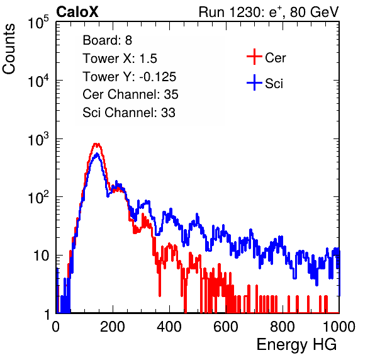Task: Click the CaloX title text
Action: (x=77, y=12)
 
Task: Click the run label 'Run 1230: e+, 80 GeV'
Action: (x=269, y=12)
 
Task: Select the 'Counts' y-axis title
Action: (x=9, y=49)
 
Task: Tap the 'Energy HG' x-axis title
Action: (x=296, y=344)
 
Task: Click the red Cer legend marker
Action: (x=254, y=57)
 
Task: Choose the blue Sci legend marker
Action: (x=254, y=82)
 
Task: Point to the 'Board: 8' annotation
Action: (x=108, y=40)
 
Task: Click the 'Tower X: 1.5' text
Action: (x=120, y=59)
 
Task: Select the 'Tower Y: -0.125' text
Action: (x=130, y=77)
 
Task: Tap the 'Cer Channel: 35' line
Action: (x=130, y=94)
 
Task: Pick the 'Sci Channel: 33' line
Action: (x=129, y=113)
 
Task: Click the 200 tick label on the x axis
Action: (x=113, y=327)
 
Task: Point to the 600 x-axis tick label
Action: (x=226, y=327)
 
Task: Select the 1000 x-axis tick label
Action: (x=339, y=327)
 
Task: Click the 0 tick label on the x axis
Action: (x=56, y=327)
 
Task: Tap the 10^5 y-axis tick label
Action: (x=38, y=22)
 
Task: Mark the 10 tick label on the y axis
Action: (x=41, y=256)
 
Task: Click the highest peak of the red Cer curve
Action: (x=96, y=143)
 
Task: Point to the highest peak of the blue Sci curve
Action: (x=97, y=154)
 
